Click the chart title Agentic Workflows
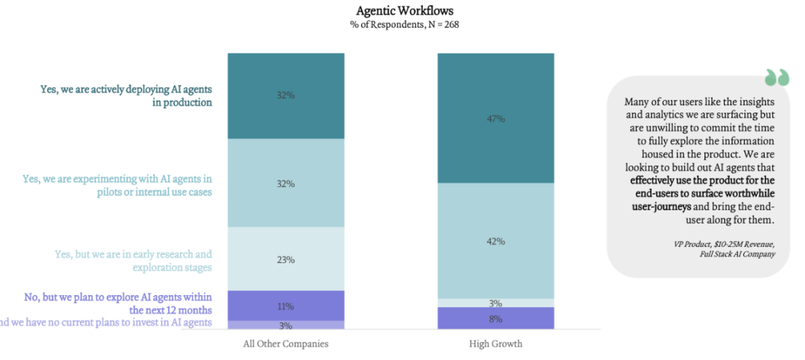(x=405, y=11)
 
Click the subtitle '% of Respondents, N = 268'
(x=405, y=25)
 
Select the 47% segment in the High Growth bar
(x=496, y=119)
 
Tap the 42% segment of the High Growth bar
(x=496, y=241)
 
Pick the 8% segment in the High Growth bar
(x=496, y=318)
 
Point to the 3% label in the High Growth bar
(x=496, y=303)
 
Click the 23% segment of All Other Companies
(x=285, y=259)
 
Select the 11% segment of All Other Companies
(x=285, y=306)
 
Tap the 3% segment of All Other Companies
(x=285, y=326)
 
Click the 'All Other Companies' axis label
(x=285, y=344)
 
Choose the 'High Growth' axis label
(x=496, y=344)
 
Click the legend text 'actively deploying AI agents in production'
(x=126, y=96)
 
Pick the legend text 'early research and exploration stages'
(x=133, y=260)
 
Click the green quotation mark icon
(x=776, y=78)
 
